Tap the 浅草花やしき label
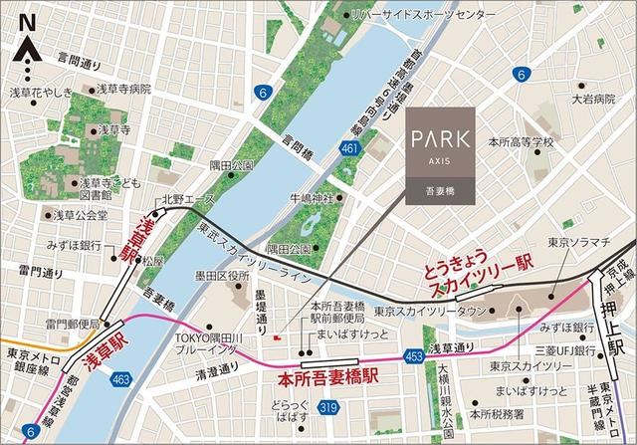click(x=39, y=93)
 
